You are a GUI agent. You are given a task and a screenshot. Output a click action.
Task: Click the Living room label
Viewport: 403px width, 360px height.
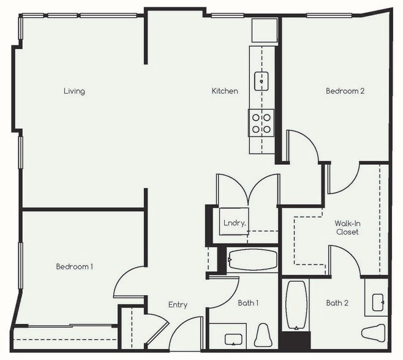[74, 91]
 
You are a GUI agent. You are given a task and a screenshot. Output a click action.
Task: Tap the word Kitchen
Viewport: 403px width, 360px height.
[225, 91]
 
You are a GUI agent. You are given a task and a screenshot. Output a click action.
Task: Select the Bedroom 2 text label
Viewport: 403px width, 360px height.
[345, 91]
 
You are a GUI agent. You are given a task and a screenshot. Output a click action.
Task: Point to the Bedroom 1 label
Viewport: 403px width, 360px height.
[75, 266]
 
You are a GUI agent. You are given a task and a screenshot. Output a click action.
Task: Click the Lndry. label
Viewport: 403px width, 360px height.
[235, 223]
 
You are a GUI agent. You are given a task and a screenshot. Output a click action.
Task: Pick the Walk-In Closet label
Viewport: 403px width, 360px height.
[347, 228]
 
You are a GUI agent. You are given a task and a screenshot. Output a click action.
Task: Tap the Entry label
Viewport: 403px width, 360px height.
[178, 305]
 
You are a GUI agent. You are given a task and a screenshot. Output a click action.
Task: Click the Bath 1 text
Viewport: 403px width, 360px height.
[249, 302]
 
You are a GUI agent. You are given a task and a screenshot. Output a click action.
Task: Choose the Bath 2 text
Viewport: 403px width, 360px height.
[337, 302]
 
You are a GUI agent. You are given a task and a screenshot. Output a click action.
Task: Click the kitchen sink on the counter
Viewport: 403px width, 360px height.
[262, 79]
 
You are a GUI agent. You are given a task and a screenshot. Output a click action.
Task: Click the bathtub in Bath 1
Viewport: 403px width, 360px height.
[253, 260]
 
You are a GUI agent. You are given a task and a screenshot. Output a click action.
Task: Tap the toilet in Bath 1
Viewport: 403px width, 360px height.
[263, 336]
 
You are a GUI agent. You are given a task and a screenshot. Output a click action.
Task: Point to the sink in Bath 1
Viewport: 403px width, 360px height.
[233, 338]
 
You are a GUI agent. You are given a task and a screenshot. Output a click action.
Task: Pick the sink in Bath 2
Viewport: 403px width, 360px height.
[377, 301]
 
